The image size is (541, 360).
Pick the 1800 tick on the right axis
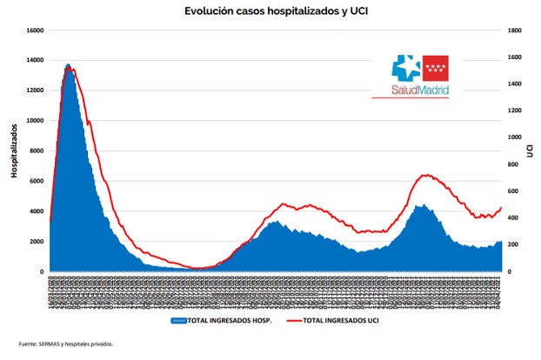point(514,30)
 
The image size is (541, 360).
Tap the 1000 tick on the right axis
point(514,137)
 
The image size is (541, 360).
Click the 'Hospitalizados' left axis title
point(15,151)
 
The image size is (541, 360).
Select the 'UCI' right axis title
point(529,151)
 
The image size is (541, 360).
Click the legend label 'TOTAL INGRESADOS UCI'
point(337,321)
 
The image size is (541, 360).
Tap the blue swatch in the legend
point(179,321)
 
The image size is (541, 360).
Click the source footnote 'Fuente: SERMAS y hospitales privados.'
point(66,343)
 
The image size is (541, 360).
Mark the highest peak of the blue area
point(68,64)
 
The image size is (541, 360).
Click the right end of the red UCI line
point(502,208)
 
